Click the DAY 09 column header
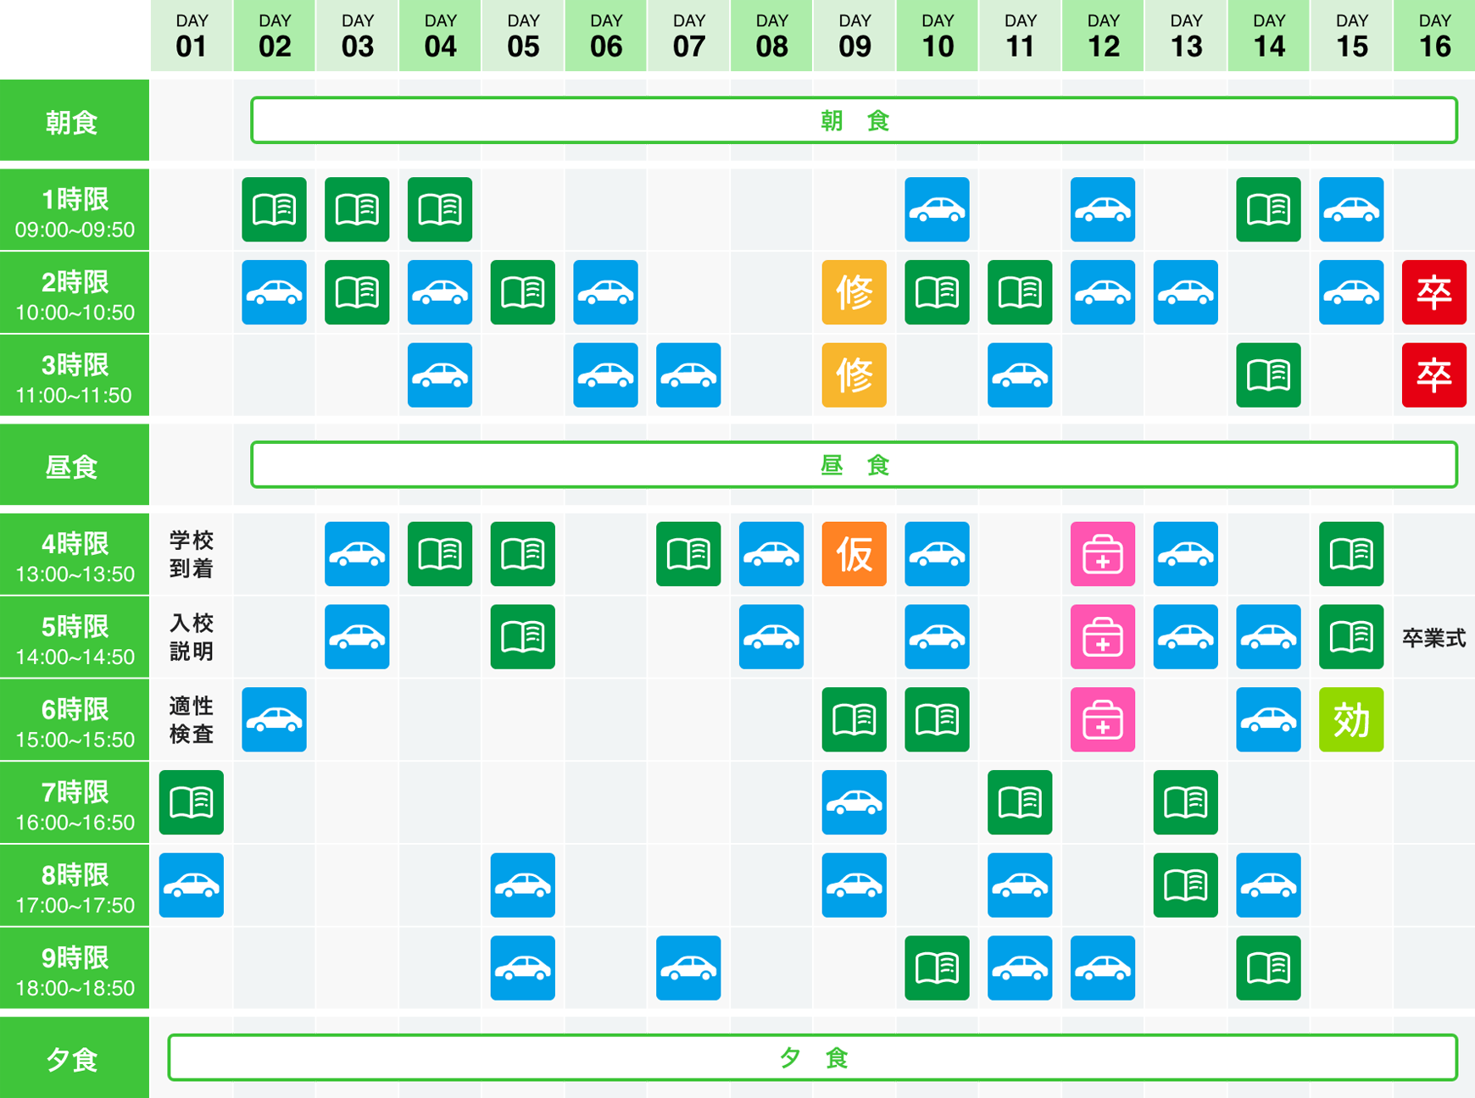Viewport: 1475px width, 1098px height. click(x=854, y=36)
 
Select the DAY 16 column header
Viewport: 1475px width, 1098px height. click(x=1434, y=36)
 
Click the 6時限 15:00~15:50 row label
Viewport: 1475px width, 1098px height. click(x=75, y=720)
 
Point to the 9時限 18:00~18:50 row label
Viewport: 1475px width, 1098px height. click(x=75, y=968)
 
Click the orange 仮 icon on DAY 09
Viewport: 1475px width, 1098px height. click(x=854, y=554)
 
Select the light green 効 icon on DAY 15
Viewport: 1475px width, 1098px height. click(x=1351, y=720)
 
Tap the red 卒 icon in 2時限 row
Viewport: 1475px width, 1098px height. click(x=1434, y=292)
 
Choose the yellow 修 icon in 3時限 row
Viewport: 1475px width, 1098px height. click(x=854, y=375)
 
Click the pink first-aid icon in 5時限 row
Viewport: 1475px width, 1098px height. click(x=1103, y=637)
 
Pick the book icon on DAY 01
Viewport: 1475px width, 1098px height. click(x=192, y=802)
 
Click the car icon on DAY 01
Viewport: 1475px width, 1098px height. click(x=192, y=885)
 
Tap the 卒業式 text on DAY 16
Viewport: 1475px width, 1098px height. click(x=1434, y=638)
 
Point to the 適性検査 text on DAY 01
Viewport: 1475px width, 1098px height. click(x=192, y=720)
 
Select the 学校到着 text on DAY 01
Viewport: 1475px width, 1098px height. click(x=192, y=554)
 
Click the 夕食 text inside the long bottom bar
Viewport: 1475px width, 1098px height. click(x=813, y=1057)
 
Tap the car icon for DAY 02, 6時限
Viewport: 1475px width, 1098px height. click(x=274, y=720)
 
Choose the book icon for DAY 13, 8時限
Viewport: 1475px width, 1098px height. click(x=1186, y=885)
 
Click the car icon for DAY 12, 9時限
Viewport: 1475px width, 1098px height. click(x=1103, y=968)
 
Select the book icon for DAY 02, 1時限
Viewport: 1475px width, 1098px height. click(x=274, y=209)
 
